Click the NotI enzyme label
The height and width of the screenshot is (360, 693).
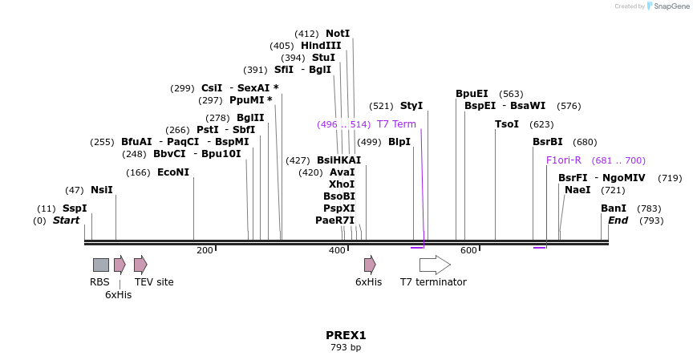pos(338,34)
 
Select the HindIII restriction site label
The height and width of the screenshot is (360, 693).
pos(321,46)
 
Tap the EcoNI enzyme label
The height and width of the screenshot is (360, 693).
pos(173,172)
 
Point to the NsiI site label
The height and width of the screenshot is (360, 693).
pos(102,190)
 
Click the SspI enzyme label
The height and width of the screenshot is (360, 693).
pos(75,208)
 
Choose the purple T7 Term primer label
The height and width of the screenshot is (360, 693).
pos(396,124)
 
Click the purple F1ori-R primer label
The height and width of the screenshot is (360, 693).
pos(564,160)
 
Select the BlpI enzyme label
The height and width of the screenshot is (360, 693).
pos(399,142)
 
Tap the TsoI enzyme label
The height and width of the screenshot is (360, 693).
pos(507,124)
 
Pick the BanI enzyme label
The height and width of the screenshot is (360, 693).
pos(614,208)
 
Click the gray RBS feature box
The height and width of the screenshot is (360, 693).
pos(101,265)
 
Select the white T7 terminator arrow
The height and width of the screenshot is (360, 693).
pos(435,265)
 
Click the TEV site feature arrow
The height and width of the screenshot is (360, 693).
pos(140,265)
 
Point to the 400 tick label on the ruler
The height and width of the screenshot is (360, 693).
pos(337,251)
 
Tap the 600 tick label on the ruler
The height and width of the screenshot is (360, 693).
pos(468,251)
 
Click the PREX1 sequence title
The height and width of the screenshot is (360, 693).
pos(346,335)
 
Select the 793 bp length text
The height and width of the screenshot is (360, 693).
pos(346,348)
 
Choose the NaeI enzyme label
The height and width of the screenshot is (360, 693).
pos(577,190)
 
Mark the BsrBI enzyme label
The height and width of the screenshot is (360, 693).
pos(549,142)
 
